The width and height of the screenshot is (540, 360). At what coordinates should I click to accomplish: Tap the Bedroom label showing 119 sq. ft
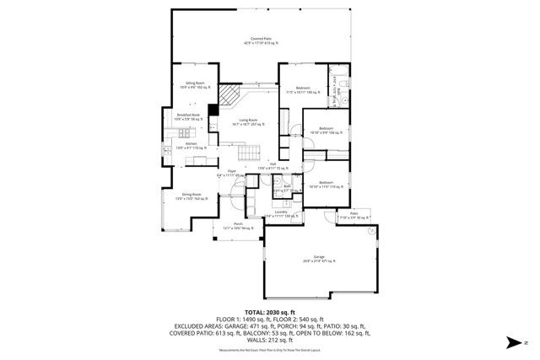(x=327, y=184)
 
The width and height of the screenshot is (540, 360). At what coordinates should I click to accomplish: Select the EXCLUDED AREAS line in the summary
(x=269, y=325)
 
